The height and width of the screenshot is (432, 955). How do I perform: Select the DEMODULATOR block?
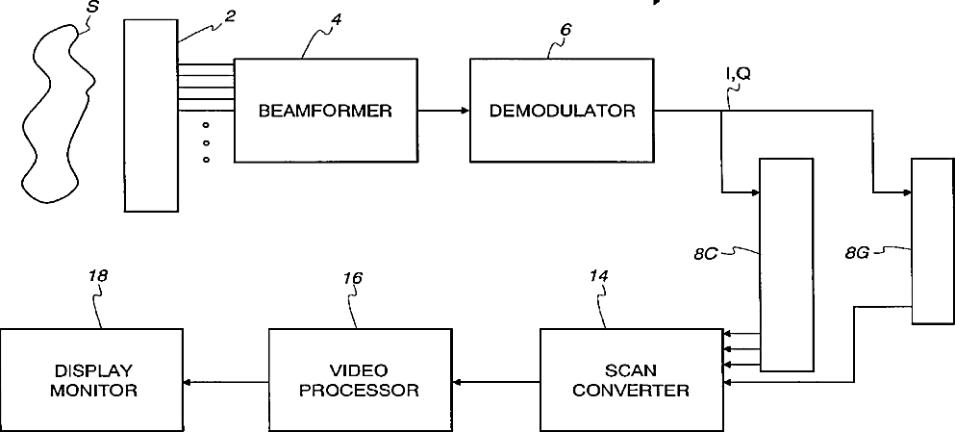562,111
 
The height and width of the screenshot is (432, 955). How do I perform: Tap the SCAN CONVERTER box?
630,379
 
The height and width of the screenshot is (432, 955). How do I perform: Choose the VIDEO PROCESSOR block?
359,379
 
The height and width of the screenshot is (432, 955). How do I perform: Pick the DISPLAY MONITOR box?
91,379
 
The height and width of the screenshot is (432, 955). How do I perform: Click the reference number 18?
97,276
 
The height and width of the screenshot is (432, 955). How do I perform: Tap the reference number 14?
599,277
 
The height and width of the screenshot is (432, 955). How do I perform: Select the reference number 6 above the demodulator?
565,30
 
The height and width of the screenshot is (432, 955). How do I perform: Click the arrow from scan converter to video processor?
494,382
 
